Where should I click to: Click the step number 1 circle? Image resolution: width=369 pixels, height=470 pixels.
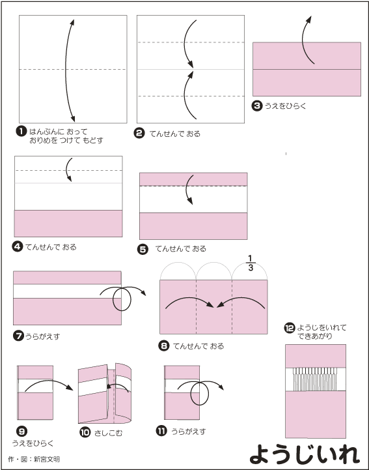(21, 131)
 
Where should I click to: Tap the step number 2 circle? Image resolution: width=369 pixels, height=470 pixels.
(139, 133)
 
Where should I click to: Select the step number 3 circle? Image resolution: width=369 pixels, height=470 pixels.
(257, 106)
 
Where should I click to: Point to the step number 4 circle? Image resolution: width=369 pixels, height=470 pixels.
(18, 246)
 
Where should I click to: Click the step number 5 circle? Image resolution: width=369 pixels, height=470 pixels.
(143, 249)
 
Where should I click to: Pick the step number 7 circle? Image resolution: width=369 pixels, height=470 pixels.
(18, 336)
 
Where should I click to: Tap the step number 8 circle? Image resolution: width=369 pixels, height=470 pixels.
(164, 345)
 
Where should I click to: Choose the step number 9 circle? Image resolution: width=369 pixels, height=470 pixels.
(21, 432)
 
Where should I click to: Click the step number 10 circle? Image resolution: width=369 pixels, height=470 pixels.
(85, 432)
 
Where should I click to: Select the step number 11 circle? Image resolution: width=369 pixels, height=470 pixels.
(161, 431)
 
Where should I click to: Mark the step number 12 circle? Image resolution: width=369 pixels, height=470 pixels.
(290, 328)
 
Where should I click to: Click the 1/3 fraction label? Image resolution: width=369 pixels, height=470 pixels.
(251, 263)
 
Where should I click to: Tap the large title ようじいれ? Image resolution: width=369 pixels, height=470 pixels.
(304, 454)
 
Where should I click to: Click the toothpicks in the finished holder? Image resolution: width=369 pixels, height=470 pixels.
(315, 379)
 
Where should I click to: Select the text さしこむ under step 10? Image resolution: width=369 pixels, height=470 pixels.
(108, 433)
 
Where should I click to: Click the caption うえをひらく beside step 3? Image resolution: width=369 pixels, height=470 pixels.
(285, 106)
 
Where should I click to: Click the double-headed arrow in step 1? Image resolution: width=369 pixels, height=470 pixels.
(66, 70)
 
